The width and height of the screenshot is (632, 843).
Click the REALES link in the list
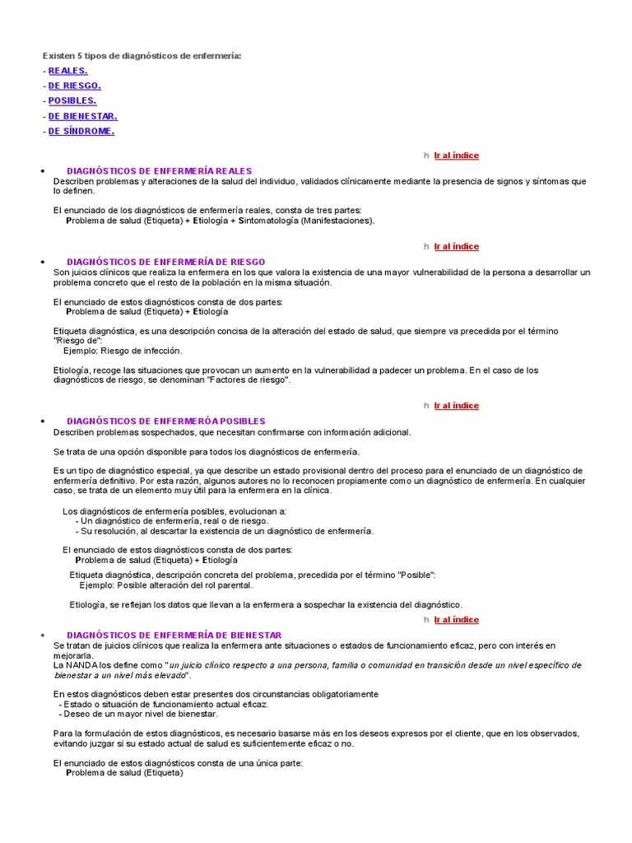point(68,71)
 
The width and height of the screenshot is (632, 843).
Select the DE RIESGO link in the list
point(74,86)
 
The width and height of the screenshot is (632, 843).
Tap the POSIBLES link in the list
point(72,100)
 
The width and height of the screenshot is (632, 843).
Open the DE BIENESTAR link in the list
point(82,116)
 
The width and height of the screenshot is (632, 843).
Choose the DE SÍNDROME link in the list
point(81,131)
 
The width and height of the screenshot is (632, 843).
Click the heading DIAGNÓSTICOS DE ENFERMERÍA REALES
point(159,171)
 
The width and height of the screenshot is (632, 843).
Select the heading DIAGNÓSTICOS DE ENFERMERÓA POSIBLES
point(165,421)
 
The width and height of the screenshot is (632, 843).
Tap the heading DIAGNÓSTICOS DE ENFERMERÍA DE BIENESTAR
point(174,636)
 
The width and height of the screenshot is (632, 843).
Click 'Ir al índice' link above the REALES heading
point(456,156)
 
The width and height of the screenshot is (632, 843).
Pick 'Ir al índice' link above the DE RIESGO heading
point(456,246)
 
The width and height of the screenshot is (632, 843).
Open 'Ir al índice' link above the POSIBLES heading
point(456,406)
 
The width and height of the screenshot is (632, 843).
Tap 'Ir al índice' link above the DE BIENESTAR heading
point(456,620)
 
